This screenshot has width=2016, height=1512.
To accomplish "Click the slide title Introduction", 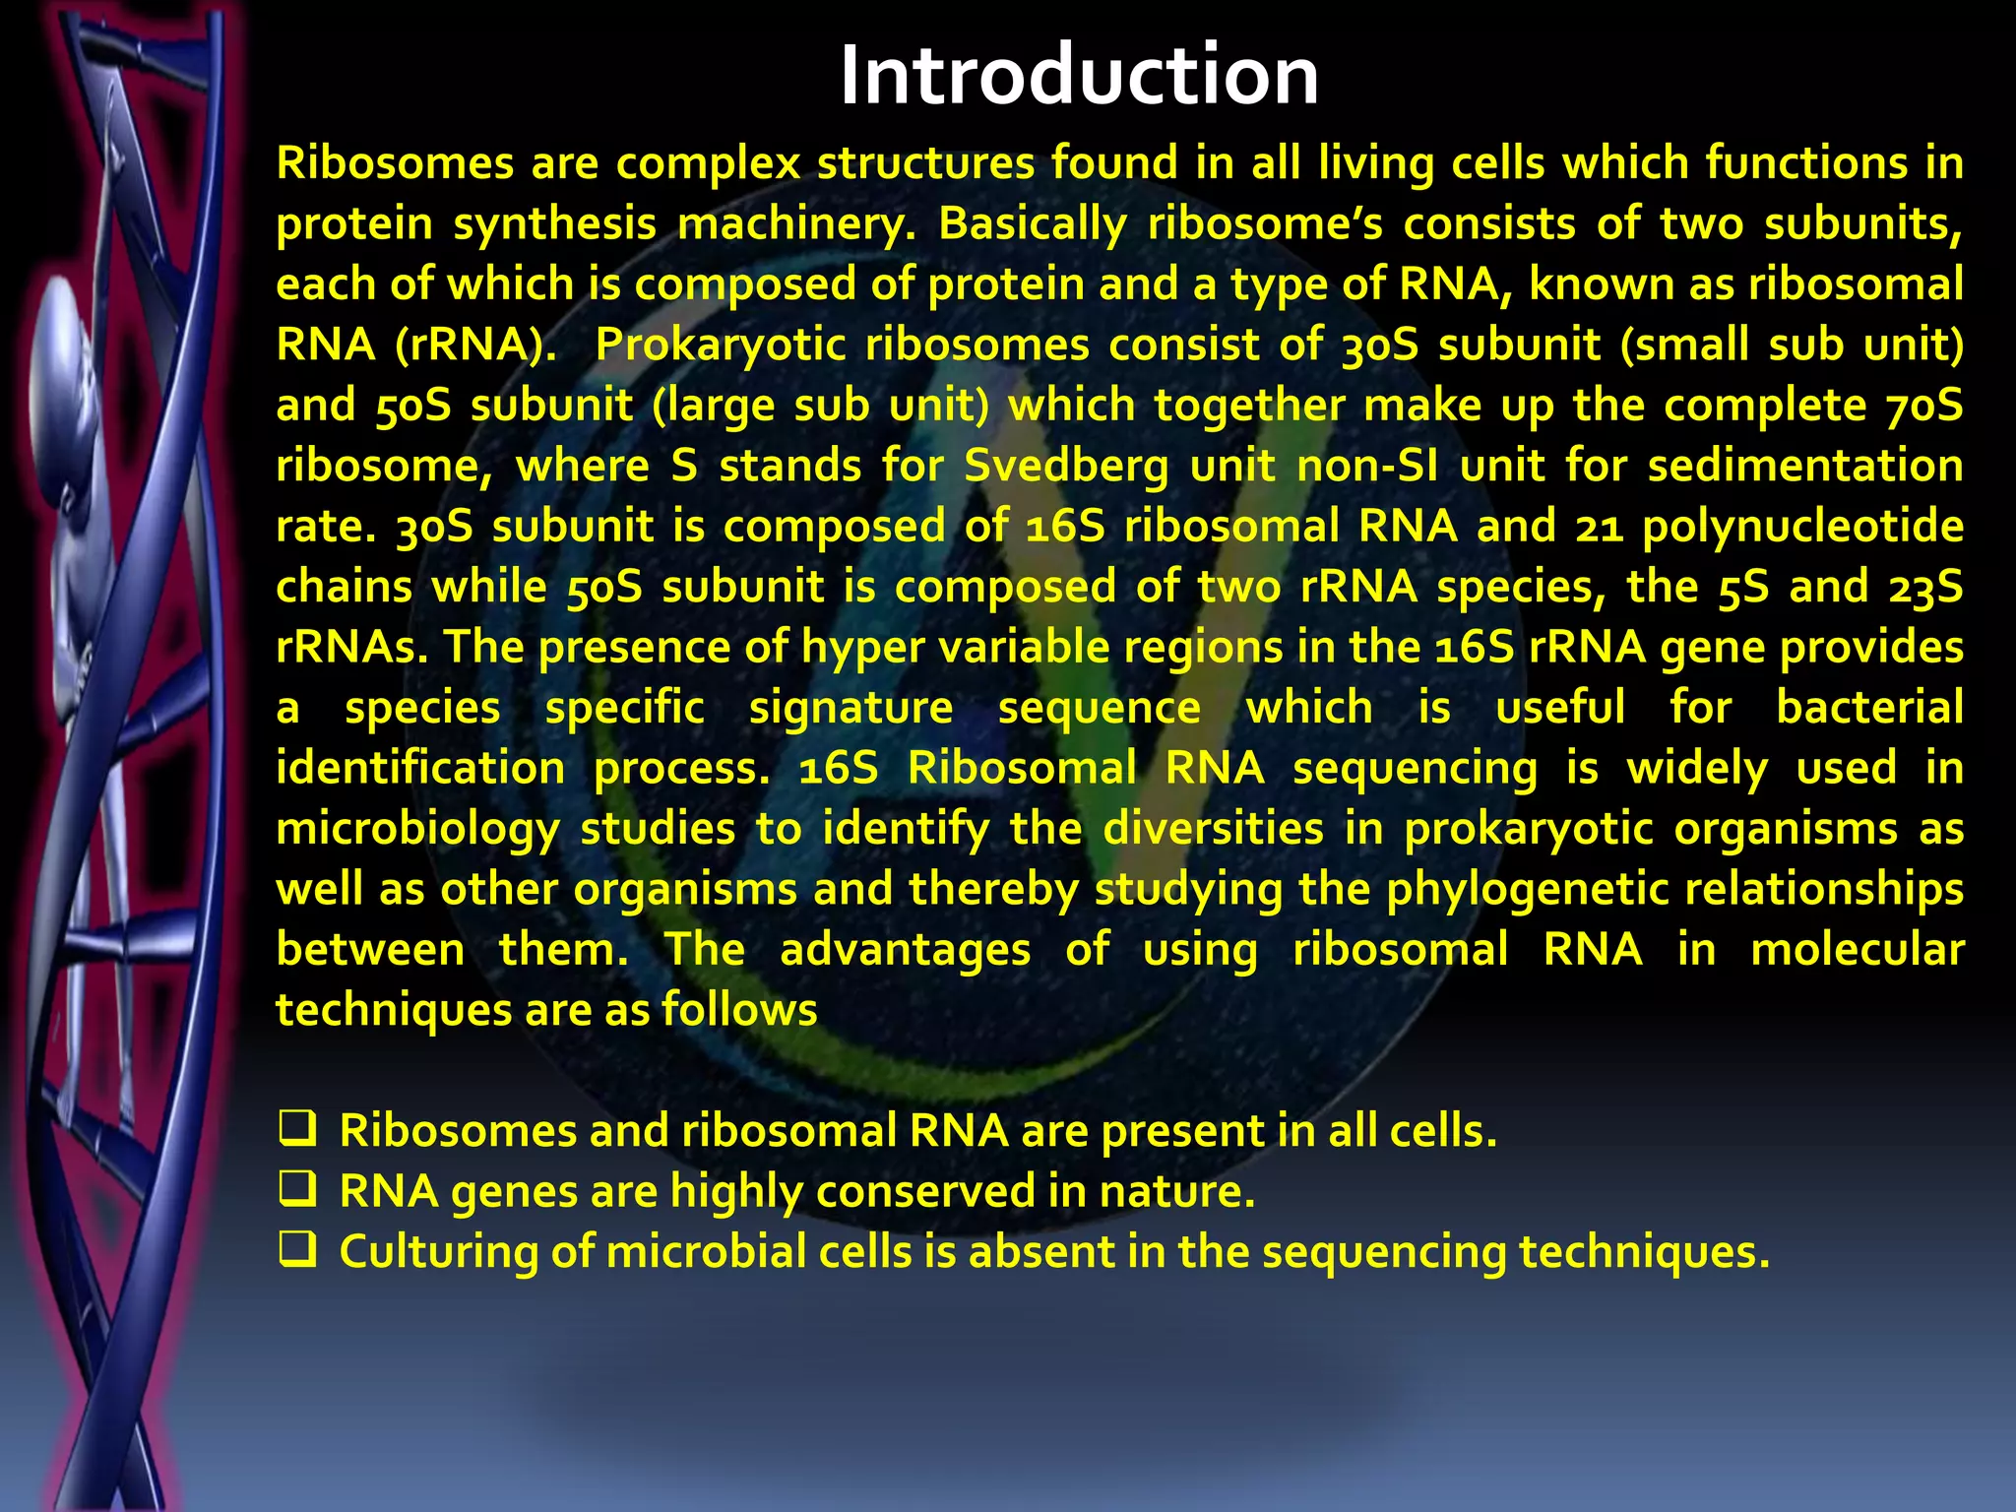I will coord(1079,77).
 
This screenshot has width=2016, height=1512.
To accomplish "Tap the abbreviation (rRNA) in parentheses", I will coord(474,345).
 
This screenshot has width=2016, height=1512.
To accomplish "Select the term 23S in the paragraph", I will coord(1925,587).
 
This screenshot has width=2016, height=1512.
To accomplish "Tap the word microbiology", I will coord(417,830).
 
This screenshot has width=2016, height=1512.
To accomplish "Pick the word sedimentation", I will coord(1805,466).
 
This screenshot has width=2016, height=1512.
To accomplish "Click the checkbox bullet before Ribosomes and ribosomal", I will coord(296,1129).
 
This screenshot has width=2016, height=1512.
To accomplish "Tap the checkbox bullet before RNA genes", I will coord(296,1190).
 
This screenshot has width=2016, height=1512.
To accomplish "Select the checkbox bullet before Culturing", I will coord(296,1250).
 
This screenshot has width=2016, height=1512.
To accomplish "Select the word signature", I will coord(850,709).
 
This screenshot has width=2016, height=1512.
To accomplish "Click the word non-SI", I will coord(1366,466).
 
